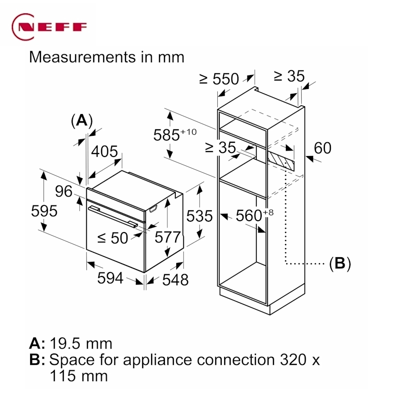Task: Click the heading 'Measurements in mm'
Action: [x=107, y=57]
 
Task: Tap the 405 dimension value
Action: [x=105, y=152]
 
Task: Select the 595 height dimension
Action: [x=44, y=211]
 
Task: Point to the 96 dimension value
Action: [x=64, y=191]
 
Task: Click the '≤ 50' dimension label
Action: [x=112, y=238]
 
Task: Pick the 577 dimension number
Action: [x=167, y=237]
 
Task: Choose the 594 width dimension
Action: [x=110, y=278]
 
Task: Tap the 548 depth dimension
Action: [x=175, y=279]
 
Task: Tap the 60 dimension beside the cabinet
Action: [x=322, y=148]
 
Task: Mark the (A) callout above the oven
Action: [x=81, y=120]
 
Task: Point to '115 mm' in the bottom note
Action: [x=79, y=376]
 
